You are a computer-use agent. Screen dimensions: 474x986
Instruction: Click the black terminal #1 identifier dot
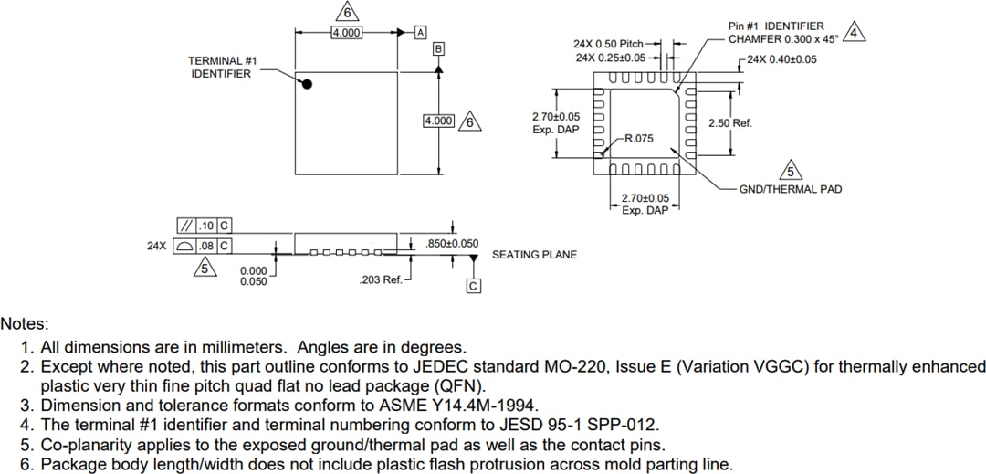(308, 84)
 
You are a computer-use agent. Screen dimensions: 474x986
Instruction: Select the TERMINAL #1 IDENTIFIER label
(222, 67)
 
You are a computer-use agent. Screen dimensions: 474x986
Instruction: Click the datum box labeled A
(420, 32)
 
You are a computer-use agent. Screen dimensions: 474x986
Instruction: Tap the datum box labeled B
(439, 48)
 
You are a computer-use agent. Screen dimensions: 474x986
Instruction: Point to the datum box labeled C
(473, 287)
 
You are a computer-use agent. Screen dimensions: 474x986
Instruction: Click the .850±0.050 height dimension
(452, 244)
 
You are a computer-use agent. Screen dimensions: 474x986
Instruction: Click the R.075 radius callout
(638, 139)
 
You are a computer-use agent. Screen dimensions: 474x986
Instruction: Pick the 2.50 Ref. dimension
(729, 123)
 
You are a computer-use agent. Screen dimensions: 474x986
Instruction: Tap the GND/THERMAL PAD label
(790, 189)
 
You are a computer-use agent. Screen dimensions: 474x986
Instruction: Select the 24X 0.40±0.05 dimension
(781, 59)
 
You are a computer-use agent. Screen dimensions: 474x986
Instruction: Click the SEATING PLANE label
(534, 255)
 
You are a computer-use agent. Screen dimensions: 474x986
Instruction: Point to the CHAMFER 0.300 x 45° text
(781, 39)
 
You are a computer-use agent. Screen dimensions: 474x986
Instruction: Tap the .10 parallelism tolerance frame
(203, 226)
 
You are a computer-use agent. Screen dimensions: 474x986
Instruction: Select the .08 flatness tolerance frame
(203, 246)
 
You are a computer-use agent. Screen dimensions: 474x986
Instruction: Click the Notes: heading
(25, 324)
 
